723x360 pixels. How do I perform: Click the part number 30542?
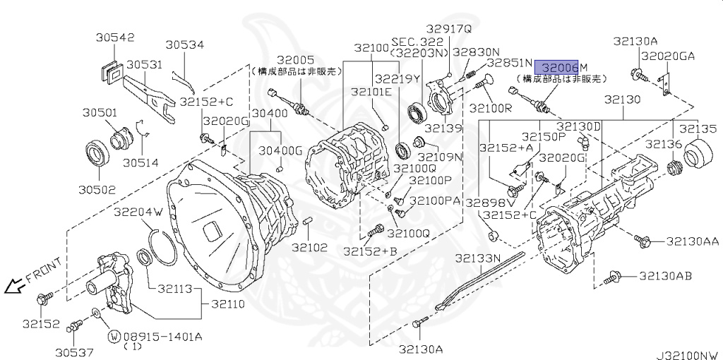coord(112,37)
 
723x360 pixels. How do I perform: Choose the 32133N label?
coord(477,258)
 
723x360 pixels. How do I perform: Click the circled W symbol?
coord(113,335)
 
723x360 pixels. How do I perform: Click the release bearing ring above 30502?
coord(96,154)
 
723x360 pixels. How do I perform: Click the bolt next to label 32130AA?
coord(643,241)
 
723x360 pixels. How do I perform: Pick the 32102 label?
coord(310,247)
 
